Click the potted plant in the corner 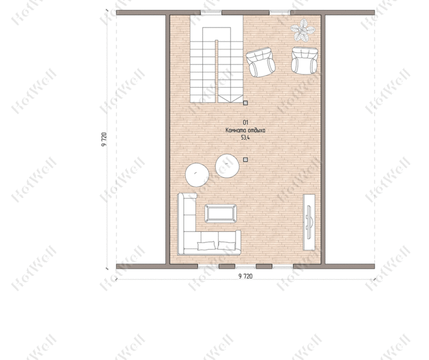point(302,30)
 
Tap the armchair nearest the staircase point(260,62)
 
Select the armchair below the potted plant point(304,61)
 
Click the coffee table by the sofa point(221,213)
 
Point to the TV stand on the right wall point(309,222)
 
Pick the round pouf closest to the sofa point(197,175)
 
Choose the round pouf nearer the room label point(227,166)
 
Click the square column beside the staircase point(245,103)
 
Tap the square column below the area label point(245,159)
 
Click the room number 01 point(245,123)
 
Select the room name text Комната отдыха point(245,130)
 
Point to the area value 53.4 point(245,138)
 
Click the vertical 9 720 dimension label point(104,139)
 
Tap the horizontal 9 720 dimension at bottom point(245,276)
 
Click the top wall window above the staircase point(211,12)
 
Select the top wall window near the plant point(280,12)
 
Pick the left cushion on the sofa point(206,245)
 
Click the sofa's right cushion point(227,245)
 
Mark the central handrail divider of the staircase point(216,71)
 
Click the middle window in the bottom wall point(245,266)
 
